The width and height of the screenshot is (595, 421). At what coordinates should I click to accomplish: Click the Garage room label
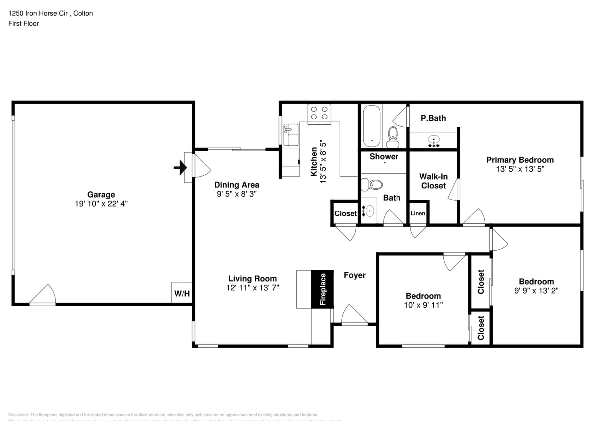101,195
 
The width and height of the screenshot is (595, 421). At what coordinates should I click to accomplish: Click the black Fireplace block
322,289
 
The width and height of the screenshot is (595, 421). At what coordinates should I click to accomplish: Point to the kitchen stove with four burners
319,114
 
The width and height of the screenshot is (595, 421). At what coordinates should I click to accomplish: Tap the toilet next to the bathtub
393,136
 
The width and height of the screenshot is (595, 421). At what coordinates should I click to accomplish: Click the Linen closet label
418,213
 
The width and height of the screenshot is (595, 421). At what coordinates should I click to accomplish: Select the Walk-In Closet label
433,181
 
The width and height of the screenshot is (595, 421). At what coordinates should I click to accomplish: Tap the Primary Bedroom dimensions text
520,169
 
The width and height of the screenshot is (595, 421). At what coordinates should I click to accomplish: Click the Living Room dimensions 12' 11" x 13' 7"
252,288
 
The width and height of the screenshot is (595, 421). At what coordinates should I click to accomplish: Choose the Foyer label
354,275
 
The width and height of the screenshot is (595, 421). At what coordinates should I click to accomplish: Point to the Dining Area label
237,185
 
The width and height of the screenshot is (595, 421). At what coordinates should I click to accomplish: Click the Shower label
384,156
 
